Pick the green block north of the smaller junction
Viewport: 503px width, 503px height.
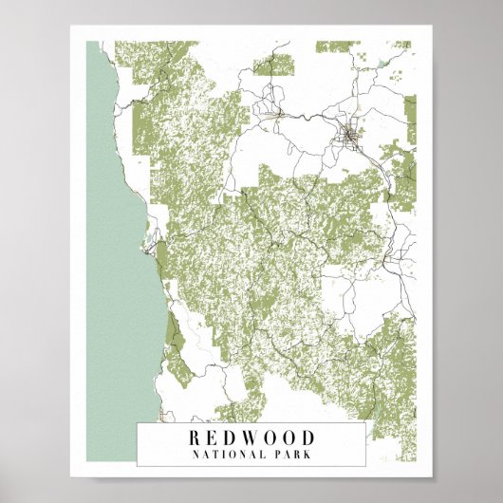(x=275, y=65)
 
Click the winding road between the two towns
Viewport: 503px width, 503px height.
(x=308, y=119)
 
